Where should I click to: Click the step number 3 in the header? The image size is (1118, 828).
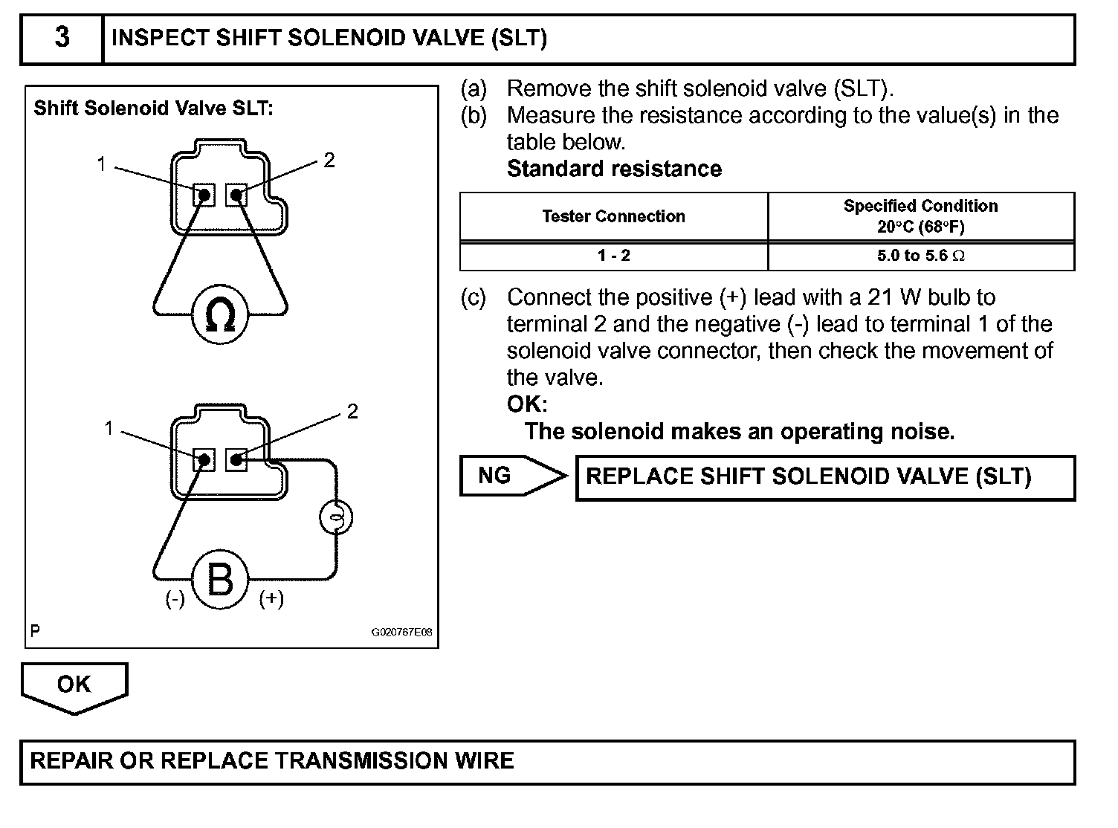62,37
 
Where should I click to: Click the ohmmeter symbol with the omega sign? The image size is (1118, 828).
220,315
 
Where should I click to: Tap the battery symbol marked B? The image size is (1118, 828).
219,580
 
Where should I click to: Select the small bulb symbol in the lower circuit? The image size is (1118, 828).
336,517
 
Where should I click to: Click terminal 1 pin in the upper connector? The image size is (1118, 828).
204,195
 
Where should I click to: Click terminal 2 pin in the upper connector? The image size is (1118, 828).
236,195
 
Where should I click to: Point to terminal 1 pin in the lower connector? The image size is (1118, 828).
204,459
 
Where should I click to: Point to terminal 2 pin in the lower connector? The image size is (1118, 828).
236,459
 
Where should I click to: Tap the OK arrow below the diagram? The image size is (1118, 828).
74,685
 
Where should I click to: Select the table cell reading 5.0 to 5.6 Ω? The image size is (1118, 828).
920,256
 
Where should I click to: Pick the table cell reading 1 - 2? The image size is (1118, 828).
613,256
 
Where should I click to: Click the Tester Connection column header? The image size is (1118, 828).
613,216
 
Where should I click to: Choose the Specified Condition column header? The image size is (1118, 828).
920,216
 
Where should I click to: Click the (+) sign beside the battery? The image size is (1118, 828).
271,599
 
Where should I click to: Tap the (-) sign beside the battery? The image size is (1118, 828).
175,599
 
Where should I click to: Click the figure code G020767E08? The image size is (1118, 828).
401,633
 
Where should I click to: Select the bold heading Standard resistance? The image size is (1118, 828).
614,169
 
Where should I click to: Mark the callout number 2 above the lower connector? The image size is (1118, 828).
352,411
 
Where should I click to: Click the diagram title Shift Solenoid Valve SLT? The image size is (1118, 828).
154,109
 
